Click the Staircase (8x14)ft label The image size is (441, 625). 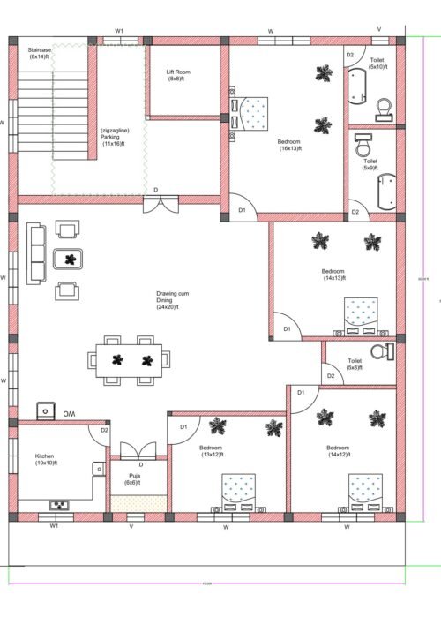41,54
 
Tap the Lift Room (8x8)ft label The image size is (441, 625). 180,76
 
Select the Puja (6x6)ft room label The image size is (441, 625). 130,478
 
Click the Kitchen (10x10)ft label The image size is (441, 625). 45,459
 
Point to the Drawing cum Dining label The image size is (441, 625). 168,300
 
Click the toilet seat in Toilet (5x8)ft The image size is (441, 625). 380,351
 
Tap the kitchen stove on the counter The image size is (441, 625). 59,505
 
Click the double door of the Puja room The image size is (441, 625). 130,450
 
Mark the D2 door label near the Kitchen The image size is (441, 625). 104,430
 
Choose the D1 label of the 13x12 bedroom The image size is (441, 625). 184,427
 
